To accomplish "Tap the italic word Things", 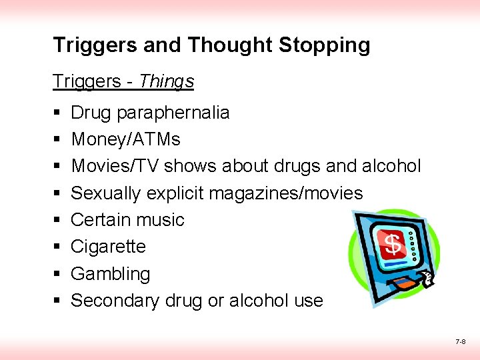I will (x=167, y=81).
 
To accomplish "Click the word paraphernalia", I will (x=173, y=113).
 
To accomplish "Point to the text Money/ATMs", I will (x=125, y=139).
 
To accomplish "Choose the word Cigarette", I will (x=108, y=247).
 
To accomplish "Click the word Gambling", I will (x=110, y=274).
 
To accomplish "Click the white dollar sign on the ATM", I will (x=394, y=244).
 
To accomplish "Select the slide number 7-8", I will (x=460, y=341).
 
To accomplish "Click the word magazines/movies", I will (x=285, y=193).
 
